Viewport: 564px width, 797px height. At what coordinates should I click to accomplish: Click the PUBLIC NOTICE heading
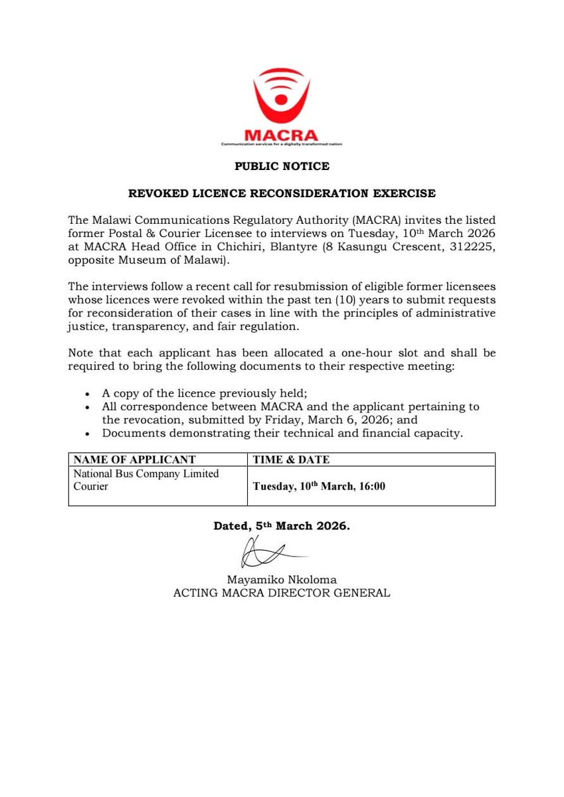point(282,166)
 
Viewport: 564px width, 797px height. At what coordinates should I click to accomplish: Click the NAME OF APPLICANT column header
point(134,460)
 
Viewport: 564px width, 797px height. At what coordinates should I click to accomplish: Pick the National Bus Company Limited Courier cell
point(145,480)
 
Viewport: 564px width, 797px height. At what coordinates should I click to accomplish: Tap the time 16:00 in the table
point(371,486)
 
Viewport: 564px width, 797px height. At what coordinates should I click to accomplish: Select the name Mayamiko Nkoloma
point(281,579)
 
